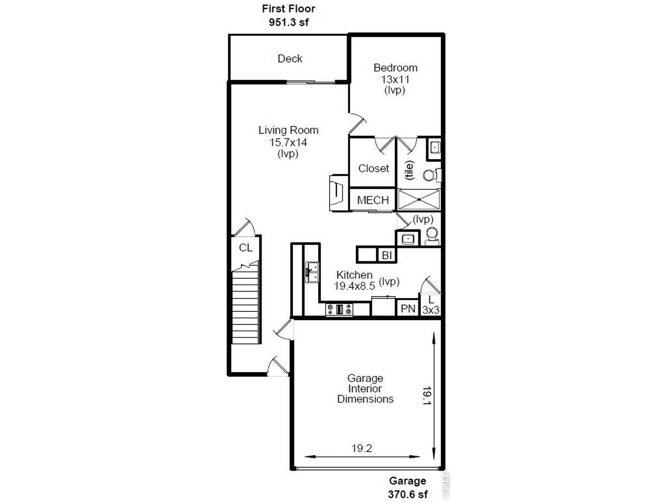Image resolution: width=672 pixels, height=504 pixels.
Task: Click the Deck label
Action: coord(290,58)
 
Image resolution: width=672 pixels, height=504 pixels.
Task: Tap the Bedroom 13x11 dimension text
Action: coord(395,79)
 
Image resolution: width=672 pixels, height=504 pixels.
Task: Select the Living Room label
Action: coord(288,130)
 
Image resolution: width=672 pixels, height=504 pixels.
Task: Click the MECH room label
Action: coord(373,200)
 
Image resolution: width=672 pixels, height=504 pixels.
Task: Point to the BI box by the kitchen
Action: coord(387,255)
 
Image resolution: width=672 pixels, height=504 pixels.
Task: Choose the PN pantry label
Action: coord(408,309)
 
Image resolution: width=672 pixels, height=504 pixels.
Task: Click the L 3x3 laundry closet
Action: coord(430,304)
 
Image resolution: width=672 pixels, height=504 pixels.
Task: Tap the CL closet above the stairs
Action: coord(246,248)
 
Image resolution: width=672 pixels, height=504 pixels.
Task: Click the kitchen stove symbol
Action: coord(339,309)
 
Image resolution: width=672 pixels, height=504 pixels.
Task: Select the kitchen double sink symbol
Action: coord(312,272)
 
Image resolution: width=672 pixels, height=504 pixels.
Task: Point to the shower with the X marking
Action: coord(419,199)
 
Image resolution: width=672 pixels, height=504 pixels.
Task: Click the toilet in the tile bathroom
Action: coord(432,175)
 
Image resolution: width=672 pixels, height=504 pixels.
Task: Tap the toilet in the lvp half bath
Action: coord(432,236)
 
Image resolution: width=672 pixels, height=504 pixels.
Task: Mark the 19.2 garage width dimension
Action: coord(362,448)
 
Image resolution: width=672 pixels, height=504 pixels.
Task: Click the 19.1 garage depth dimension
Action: coord(427,396)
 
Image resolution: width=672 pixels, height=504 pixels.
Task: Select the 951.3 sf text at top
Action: coord(289,22)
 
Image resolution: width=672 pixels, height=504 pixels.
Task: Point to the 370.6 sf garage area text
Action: coord(407,494)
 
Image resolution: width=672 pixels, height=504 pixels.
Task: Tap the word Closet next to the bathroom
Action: coord(373,169)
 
